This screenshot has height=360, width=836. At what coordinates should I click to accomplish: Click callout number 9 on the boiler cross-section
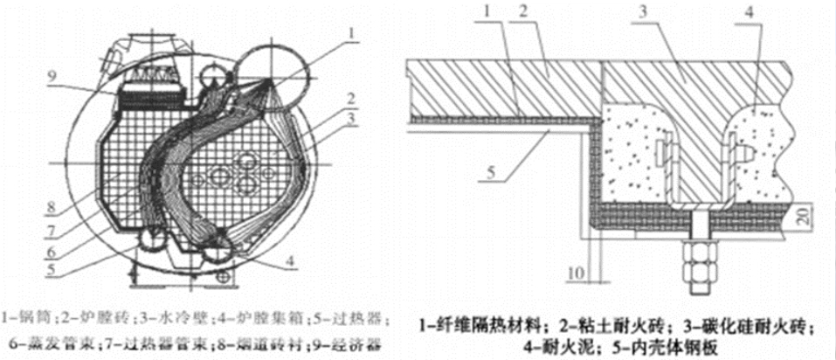[53, 77]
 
